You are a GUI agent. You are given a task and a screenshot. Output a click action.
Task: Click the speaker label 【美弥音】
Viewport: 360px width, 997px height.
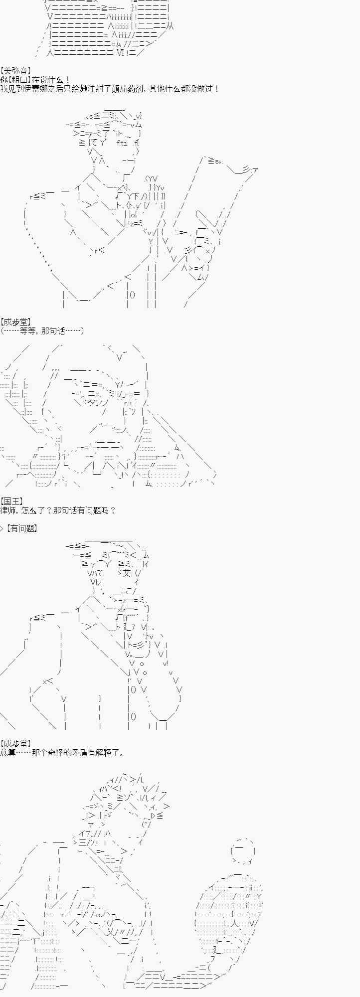[16, 71]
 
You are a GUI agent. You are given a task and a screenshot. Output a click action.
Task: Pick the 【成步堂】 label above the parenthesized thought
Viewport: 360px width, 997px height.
[16, 322]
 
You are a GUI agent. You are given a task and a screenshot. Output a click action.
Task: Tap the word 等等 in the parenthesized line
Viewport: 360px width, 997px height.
[28, 331]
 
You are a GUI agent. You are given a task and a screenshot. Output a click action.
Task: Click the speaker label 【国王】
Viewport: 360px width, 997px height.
[12, 501]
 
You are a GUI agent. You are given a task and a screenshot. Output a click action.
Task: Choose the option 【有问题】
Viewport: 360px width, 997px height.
[21, 528]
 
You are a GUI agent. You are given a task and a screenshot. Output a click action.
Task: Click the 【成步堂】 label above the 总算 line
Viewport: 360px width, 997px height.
[16, 744]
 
